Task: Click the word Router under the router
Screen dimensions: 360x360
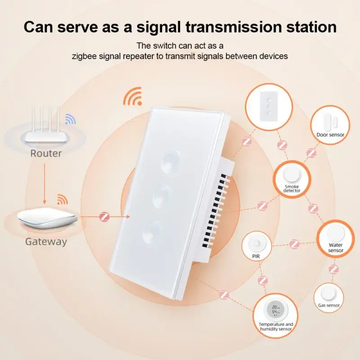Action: [46, 153]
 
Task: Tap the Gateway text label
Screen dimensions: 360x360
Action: [46, 242]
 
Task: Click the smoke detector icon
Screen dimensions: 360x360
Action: [292, 174]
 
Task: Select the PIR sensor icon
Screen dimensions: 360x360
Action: [256, 244]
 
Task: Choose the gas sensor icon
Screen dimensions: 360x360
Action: [326, 293]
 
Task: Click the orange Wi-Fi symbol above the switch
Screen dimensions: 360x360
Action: [133, 96]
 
